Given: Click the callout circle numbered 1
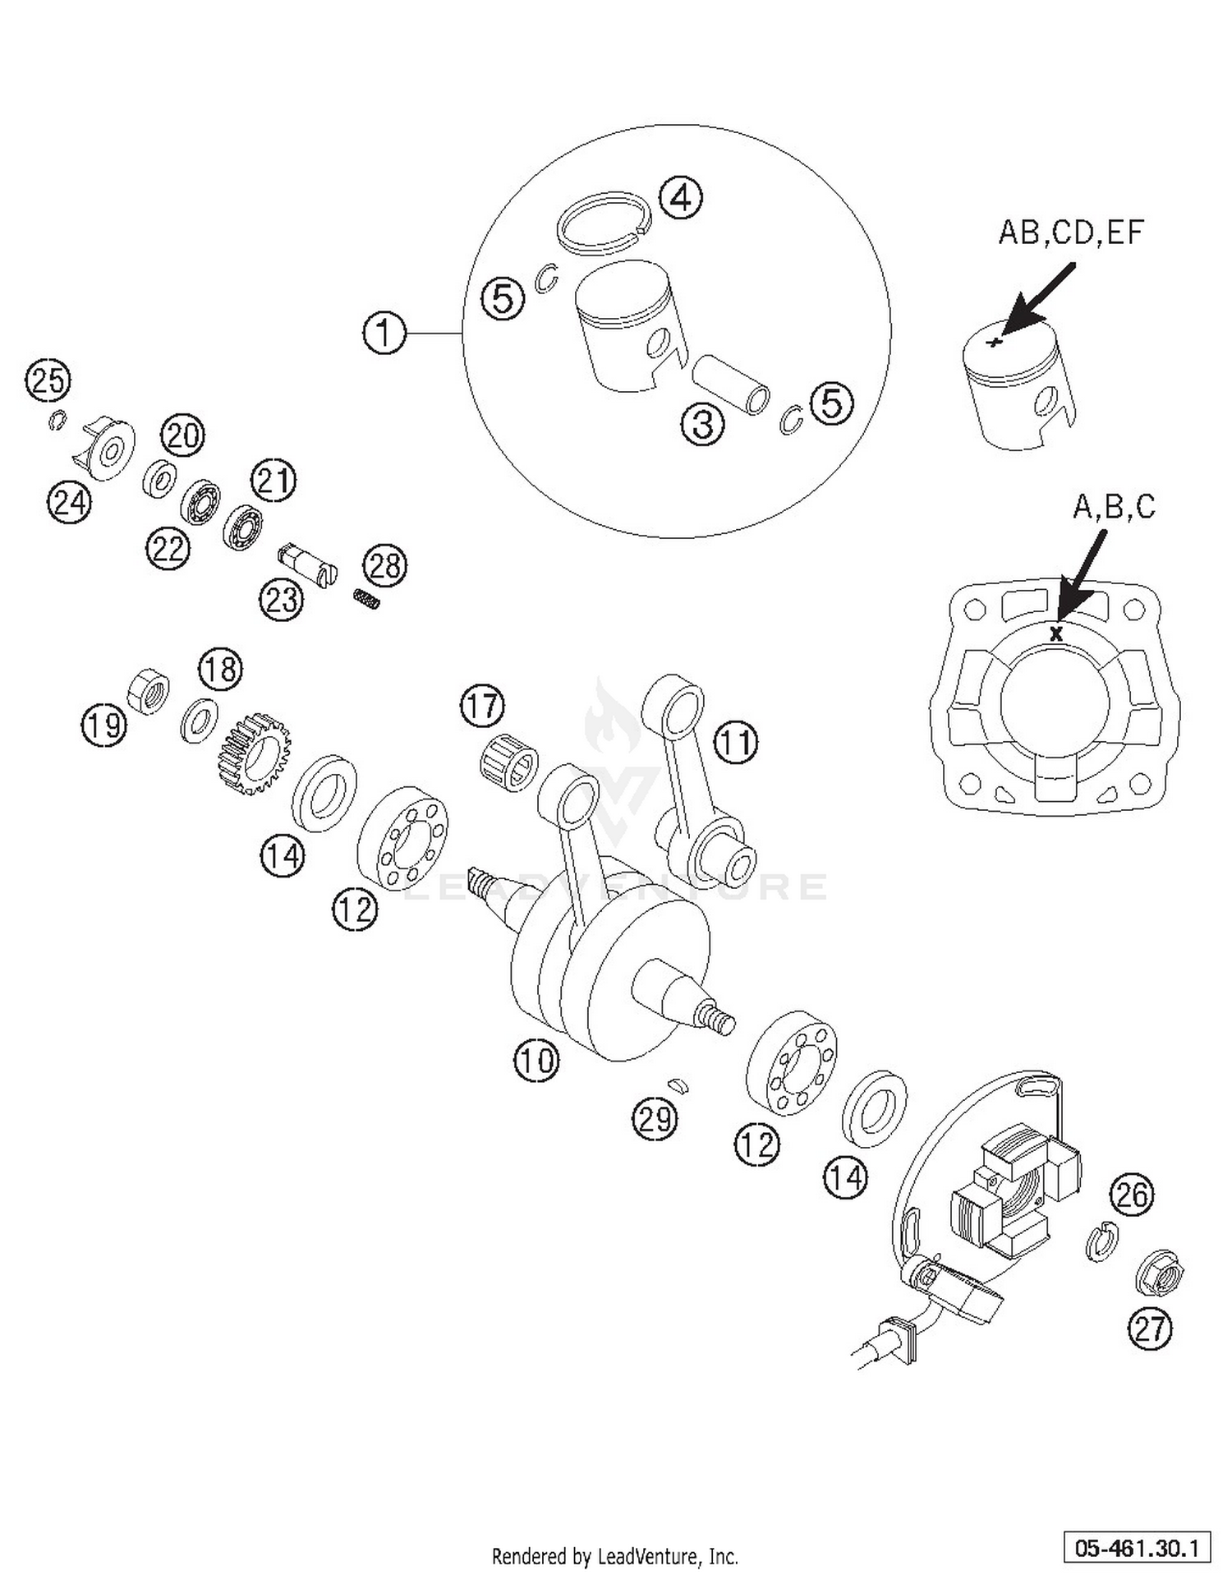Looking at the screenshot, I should [384, 333].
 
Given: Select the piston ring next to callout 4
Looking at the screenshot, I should [604, 220].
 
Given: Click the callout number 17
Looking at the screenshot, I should [482, 706].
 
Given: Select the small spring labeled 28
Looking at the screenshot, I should [368, 600].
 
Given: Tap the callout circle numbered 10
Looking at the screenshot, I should [536, 1060].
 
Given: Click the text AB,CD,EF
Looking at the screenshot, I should [1070, 233].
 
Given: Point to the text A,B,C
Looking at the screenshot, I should [1114, 507].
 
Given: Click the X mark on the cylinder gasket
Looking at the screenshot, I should [1056, 633].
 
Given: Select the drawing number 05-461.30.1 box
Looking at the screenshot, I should [1137, 1548].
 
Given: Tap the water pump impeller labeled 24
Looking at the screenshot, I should [107, 449].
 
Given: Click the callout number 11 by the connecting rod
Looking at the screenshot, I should [735, 743].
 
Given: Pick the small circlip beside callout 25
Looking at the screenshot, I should [56, 421].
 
